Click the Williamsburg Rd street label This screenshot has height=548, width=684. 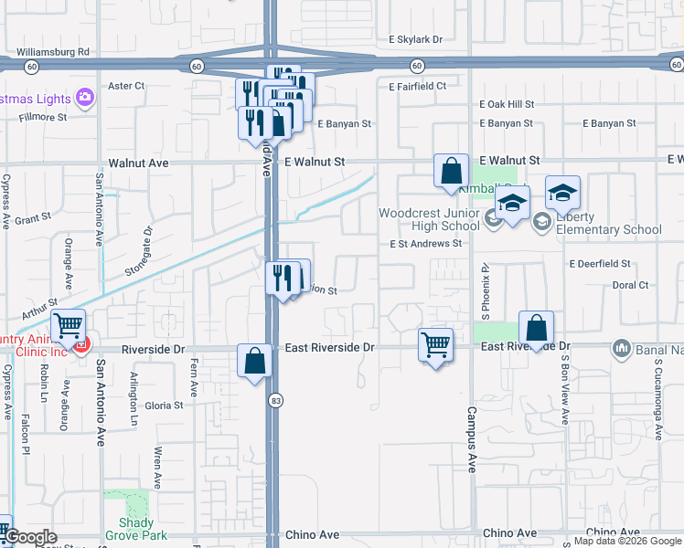58,52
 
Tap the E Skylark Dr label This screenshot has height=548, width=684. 415,40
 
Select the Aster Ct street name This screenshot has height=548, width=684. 127,86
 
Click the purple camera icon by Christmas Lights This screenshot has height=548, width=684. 85,97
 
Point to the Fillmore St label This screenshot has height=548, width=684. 37,117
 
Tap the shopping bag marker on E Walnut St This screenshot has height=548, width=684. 451,171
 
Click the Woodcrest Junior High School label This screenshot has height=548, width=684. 429,219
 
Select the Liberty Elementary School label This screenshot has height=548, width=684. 604,223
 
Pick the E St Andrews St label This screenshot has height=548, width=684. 425,244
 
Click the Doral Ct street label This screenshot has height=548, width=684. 630,285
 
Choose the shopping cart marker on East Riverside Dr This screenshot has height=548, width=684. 436,346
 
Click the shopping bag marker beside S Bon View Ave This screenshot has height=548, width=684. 536,329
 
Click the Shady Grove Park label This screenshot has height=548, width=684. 135,529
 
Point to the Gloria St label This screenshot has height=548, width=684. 165,405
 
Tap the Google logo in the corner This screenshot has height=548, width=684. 31,538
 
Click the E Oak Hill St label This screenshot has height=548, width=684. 506,105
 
